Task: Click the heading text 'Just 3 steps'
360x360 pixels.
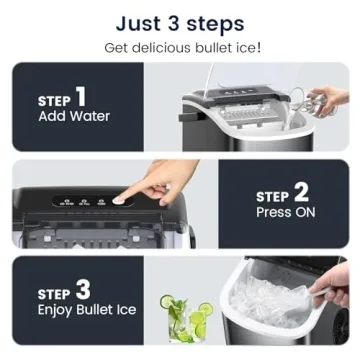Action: (x=180, y=21)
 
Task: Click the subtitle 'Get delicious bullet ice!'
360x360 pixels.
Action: (x=180, y=48)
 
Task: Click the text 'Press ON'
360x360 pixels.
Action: (x=288, y=213)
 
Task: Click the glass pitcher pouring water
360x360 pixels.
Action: (x=324, y=101)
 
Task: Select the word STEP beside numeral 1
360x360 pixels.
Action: (x=54, y=101)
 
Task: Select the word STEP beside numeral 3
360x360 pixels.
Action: (x=54, y=295)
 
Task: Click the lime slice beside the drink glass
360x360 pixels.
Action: (x=205, y=311)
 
